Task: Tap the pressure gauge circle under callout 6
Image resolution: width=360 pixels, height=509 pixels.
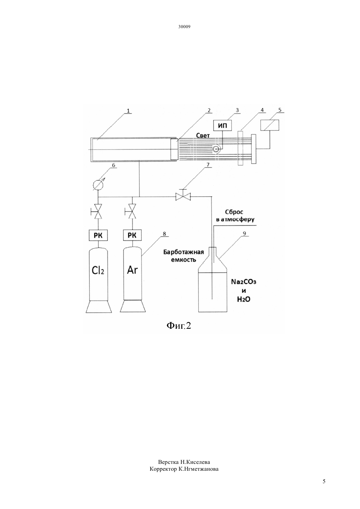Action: coord(98,185)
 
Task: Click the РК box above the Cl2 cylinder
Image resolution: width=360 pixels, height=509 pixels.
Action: coord(98,236)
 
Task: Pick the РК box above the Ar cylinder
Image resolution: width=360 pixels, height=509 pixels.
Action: coord(132,235)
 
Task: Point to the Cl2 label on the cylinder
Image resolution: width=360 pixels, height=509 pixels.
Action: coord(98,271)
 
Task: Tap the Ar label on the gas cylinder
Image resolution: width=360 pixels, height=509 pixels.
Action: coord(133,270)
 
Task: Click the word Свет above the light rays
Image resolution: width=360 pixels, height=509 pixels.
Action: coord(203,136)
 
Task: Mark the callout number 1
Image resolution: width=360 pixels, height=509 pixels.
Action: coord(128,111)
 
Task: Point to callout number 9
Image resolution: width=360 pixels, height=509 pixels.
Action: coord(244,234)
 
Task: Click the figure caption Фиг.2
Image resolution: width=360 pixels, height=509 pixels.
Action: coord(179,326)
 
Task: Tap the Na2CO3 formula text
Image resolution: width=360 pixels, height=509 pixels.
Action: coord(243,282)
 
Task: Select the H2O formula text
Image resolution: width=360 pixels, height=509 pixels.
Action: coord(243,299)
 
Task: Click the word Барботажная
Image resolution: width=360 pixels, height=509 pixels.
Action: coord(183,252)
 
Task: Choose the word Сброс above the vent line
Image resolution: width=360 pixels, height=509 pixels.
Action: coord(234,212)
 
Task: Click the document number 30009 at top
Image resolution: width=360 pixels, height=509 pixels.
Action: coord(184,26)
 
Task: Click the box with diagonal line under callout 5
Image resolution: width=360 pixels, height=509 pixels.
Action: coord(270,125)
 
